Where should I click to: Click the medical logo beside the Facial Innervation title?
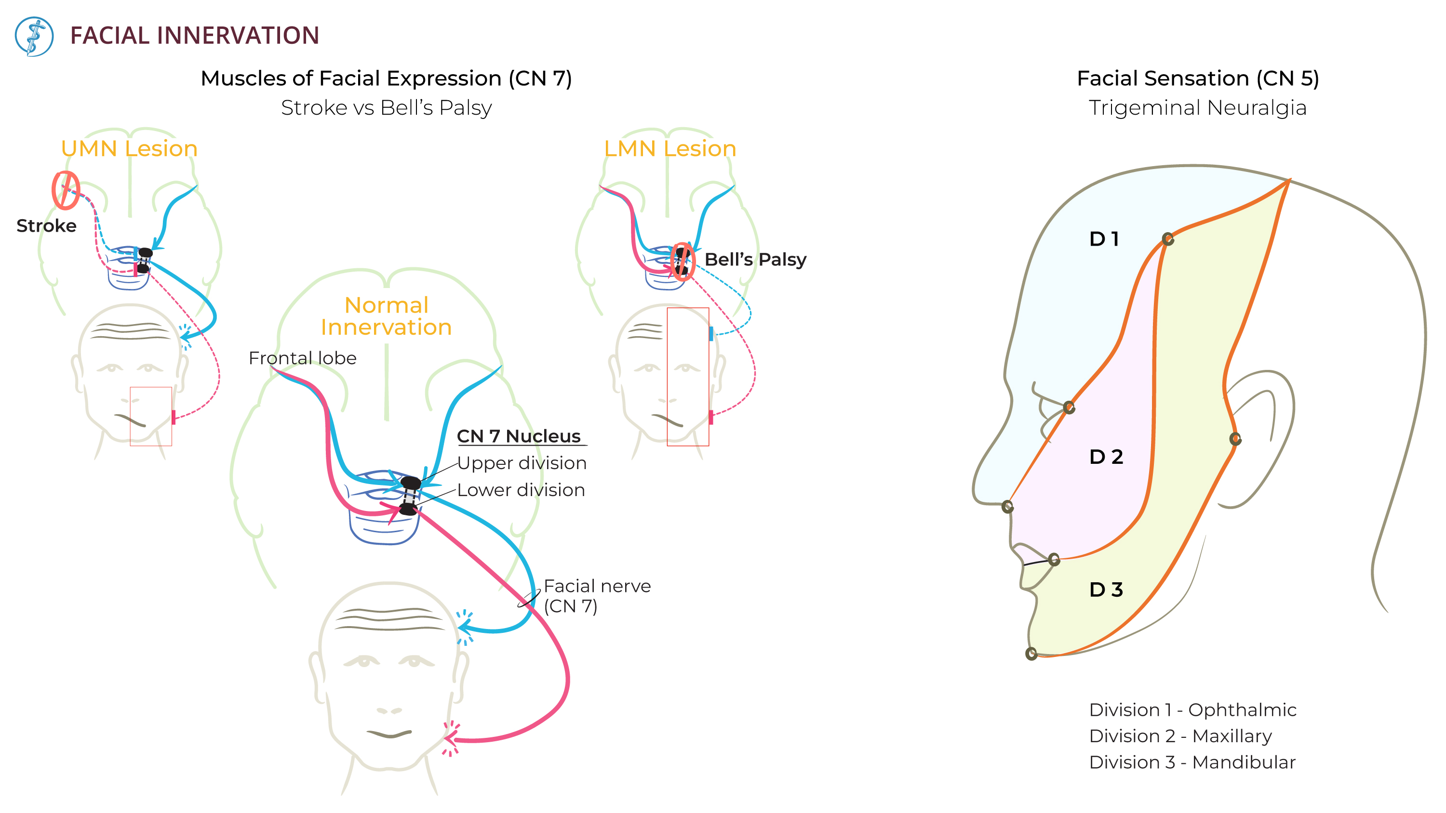tap(34, 37)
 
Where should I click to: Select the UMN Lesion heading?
tap(129, 149)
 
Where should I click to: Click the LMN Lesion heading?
tap(669, 149)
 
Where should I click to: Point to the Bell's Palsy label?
tap(755, 259)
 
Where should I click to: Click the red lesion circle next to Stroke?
tap(66, 190)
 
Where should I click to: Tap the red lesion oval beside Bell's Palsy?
tap(683, 262)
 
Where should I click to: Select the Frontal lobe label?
tap(302, 358)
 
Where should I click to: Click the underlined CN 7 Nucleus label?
tap(519, 436)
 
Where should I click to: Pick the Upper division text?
tap(522, 463)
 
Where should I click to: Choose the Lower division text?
tap(521, 490)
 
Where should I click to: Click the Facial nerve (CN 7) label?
tap(597, 596)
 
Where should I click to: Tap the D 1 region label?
tap(1104, 239)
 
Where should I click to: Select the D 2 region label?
tap(1106, 457)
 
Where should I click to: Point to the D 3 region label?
tap(1106, 590)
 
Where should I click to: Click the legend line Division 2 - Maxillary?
tap(1180, 735)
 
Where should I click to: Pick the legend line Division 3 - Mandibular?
tap(1192, 762)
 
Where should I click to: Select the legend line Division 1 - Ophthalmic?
tap(1192, 710)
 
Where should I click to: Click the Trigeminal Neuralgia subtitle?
tap(1197, 108)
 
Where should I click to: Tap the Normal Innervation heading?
tap(386, 316)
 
